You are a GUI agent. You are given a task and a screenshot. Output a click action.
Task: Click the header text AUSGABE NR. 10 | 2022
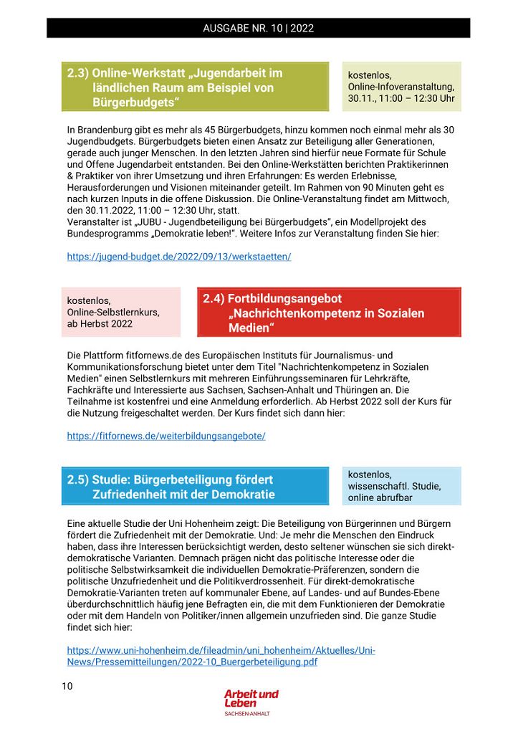[x=258, y=29]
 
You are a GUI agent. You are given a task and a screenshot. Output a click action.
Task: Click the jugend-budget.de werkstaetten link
[x=179, y=256]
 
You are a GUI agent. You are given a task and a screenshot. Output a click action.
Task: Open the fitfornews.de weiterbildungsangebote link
[x=166, y=436]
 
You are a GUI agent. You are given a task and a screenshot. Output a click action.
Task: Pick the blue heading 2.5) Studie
[x=170, y=480]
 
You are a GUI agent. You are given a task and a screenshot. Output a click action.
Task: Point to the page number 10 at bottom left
[x=67, y=686]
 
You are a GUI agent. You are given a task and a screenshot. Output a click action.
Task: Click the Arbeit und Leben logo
[x=251, y=698]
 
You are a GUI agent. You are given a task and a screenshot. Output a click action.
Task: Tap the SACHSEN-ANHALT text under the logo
[x=247, y=714]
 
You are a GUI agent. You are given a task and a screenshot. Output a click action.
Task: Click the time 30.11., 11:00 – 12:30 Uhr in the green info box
[x=401, y=98]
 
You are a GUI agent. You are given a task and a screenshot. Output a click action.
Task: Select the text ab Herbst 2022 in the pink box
[x=100, y=323]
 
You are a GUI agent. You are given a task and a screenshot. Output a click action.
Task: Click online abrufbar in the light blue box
[x=381, y=497]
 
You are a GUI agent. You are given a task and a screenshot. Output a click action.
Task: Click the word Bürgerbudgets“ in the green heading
[x=135, y=103]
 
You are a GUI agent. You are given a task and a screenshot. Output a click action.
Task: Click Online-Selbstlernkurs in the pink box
[x=113, y=312]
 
